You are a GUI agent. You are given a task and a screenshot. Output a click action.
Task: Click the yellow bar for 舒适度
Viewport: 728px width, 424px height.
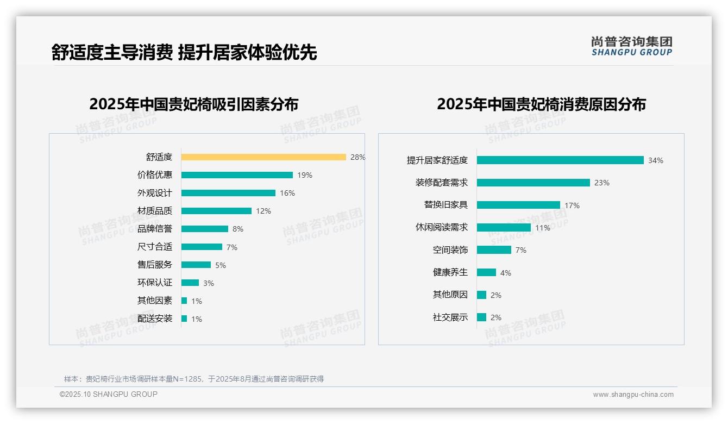point(263,157)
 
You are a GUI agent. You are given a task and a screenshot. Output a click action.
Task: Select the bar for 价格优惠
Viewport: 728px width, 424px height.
point(237,175)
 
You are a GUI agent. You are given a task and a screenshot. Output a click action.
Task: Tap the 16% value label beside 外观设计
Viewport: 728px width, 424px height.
point(287,193)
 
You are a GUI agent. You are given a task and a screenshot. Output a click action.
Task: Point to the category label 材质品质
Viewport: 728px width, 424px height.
point(155,211)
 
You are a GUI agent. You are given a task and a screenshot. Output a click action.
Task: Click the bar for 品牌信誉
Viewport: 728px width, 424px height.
point(205,229)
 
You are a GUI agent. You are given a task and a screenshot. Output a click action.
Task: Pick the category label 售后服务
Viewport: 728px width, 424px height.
point(155,265)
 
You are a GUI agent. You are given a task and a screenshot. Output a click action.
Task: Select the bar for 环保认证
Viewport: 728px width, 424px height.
point(190,283)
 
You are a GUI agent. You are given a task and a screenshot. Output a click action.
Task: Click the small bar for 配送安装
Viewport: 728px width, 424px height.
point(184,319)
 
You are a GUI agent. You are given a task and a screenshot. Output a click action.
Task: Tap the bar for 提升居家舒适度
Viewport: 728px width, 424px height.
point(560,160)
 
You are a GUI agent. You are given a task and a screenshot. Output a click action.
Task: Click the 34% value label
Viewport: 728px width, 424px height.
point(655,160)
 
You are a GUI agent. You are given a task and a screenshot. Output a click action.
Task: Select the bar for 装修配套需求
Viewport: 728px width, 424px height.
point(534,183)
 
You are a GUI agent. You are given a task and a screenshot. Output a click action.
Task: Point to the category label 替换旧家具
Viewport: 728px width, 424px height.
point(445,205)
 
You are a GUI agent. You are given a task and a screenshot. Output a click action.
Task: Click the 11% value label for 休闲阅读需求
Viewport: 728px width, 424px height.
point(542,228)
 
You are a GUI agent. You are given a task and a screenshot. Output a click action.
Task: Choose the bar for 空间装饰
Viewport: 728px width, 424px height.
point(494,250)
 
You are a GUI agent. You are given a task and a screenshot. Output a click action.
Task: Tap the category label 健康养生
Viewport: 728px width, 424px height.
point(450,272)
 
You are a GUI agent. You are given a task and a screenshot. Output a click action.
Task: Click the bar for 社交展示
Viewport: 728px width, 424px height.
point(481,317)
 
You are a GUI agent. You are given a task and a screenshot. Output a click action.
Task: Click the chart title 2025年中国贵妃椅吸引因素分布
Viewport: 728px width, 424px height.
point(194,104)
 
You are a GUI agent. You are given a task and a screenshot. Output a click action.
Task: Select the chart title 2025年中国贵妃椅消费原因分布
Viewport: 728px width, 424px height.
point(541,104)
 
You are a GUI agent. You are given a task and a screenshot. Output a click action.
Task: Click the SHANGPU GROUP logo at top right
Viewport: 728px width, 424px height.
point(631,46)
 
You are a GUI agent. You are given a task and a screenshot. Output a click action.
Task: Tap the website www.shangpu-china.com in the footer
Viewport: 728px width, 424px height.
point(633,395)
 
